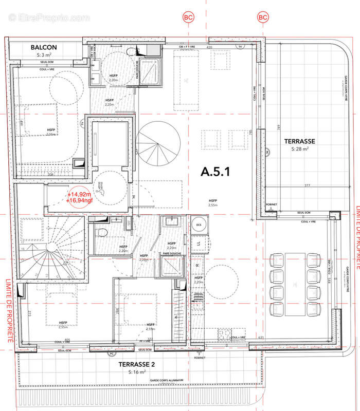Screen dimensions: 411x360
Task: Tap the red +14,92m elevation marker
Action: click(x=79, y=194)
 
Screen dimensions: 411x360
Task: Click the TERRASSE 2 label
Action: click(x=138, y=364)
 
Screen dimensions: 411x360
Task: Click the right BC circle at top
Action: click(x=263, y=17)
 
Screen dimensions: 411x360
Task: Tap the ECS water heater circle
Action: click(x=199, y=225)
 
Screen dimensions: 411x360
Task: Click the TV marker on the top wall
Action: click(x=240, y=47)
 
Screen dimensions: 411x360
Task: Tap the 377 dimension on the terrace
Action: click(x=292, y=186)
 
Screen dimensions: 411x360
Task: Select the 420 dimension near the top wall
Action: click(x=209, y=47)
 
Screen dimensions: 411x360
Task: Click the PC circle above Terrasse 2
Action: click(x=110, y=354)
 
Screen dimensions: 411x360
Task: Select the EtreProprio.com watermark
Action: click(x=49, y=17)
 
